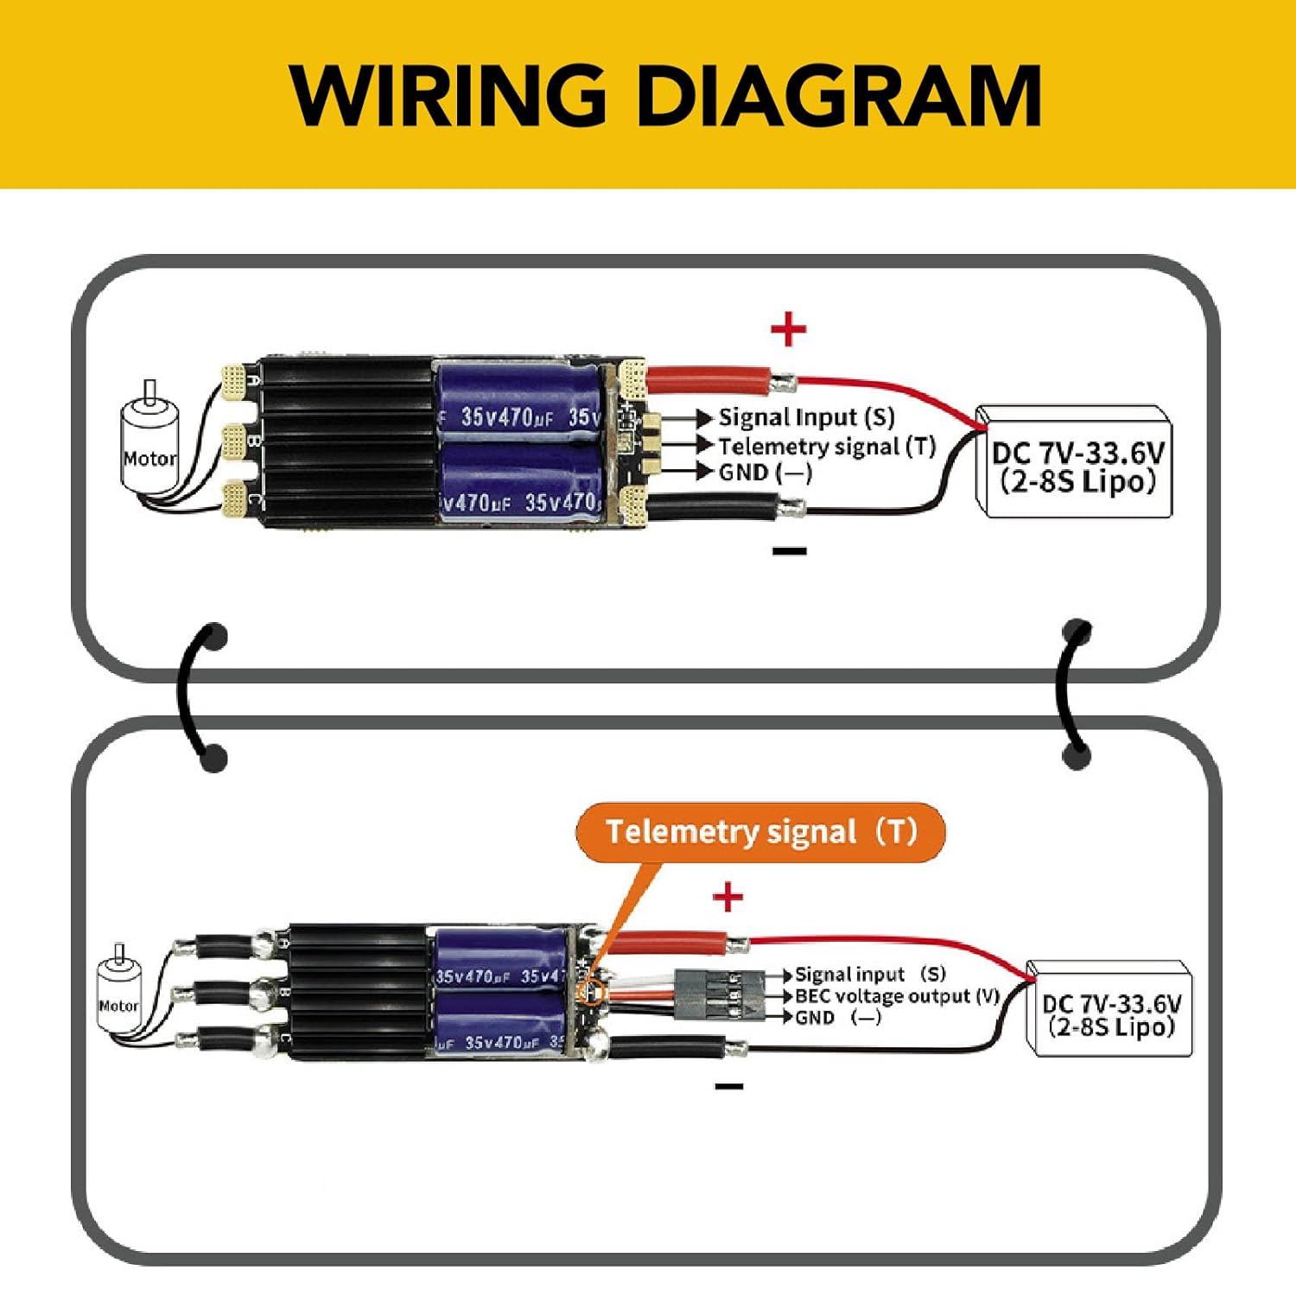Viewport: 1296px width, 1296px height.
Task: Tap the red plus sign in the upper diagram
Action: coord(788,329)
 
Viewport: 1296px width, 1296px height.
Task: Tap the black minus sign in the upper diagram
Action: coord(789,551)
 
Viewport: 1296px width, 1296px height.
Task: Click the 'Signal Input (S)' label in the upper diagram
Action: coord(806,418)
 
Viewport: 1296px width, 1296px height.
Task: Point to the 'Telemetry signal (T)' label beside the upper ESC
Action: coord(827,446)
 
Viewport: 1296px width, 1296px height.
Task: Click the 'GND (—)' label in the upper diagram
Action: coord(766,473)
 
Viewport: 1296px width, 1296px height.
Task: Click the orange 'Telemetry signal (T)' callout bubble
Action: coord(760,832)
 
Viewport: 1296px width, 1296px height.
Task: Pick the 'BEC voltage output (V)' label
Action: coord(896,996)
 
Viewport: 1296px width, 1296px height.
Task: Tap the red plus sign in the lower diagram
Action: coord(727,897)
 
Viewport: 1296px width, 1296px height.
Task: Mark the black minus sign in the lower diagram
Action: coord(729,1086)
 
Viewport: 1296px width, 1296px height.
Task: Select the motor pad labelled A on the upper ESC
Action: coord(234,379)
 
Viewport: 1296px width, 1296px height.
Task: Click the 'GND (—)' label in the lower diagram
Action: coord(837,1018)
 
